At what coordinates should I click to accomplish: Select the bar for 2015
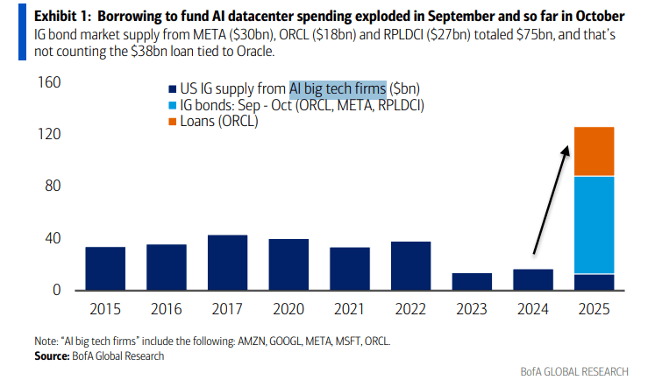coord(105,269)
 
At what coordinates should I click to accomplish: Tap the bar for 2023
coord(472,282)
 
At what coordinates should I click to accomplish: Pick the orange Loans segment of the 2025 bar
coord(595,151)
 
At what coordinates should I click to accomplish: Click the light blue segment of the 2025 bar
coord(595,225)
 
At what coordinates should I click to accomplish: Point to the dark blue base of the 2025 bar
coord(595,282)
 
